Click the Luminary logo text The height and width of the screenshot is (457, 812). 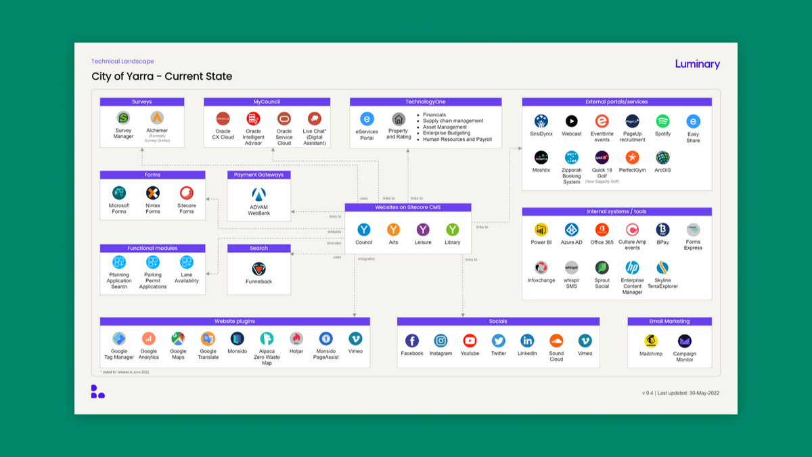[x=697, y=64]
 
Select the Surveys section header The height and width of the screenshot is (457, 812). [x=141, y=102]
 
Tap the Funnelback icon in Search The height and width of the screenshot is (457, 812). [x=258, y=269]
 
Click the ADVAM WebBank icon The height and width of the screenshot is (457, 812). [x=258, y=195]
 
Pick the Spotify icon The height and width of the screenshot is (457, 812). [x=662, y=121]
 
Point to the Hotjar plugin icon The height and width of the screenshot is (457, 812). [x=296, y=339]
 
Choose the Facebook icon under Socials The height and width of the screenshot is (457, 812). [x=411, y=341]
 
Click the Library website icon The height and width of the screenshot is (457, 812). [x=452, y=230]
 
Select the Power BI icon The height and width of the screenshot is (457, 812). [x=541, y=230]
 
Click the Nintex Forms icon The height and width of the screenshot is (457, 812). [x=153, y=193]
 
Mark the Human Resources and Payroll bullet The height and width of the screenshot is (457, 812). [x=457, y=139]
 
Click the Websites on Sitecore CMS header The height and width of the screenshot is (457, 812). [x=407, y=207]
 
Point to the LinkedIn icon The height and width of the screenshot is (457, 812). [x=527, y=341]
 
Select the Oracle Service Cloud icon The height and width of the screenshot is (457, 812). [x=284, y=118]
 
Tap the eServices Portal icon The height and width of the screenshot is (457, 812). [x=367, y=119]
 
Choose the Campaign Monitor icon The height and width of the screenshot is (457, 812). [x=685, y=341]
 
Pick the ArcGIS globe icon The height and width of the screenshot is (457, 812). [x=662, y=157]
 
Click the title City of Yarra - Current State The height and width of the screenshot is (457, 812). [x=162, y=77]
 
